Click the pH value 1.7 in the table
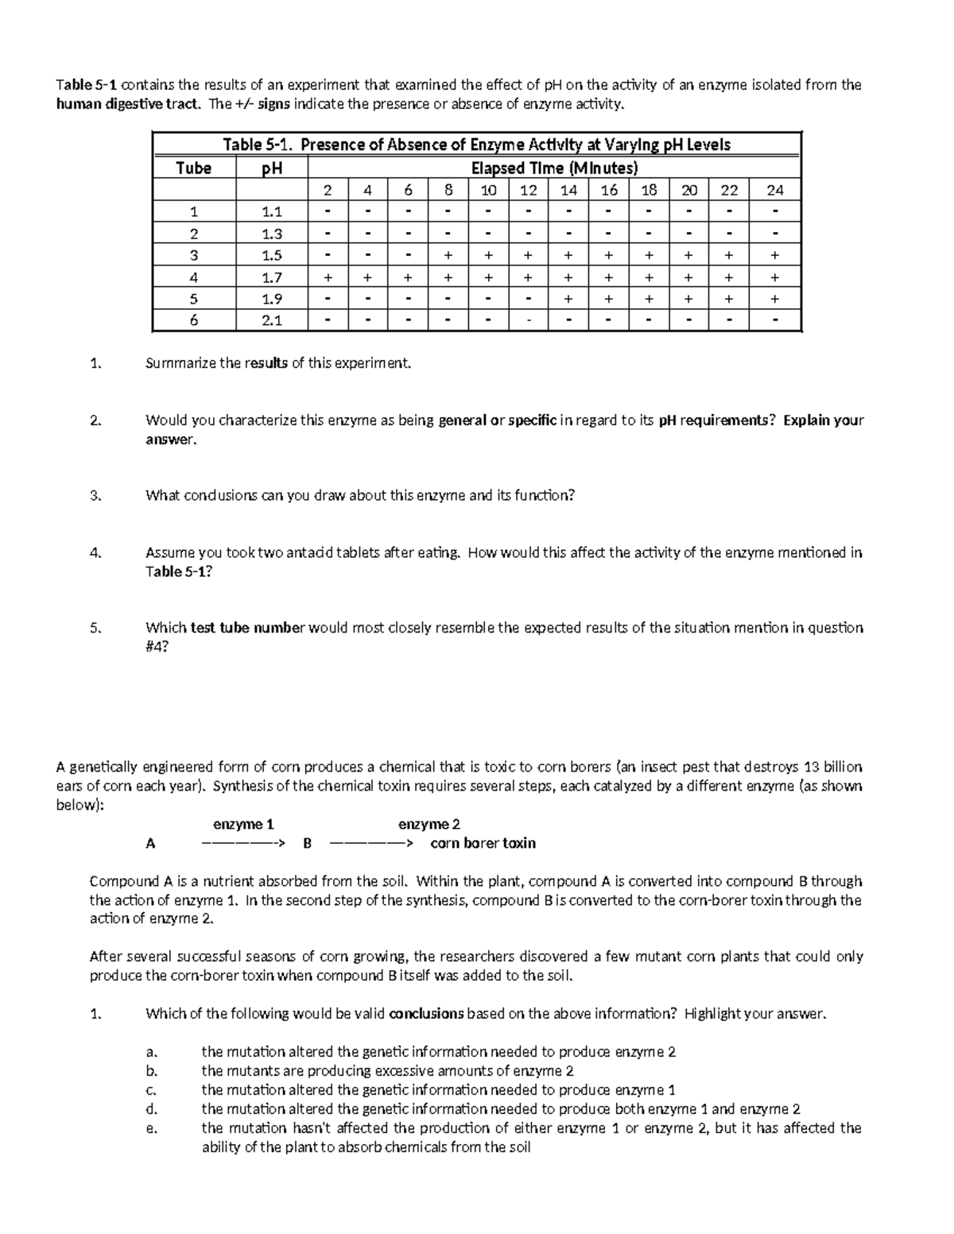[x=272, y=277]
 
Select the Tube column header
[x=193, y=168]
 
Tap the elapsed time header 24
[x=774, y=190]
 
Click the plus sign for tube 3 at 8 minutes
[x=448, y=255]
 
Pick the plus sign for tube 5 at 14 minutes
[x=568, y=299]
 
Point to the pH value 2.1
[x=272, y=321]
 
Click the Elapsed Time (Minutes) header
[x=554, y=168]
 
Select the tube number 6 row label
[x=193, y=321]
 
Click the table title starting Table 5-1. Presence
[x=476, y=145]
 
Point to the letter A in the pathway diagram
[x=150, y=844]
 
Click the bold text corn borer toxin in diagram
[x=483, y=844]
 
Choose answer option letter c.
[x=149, y=1090]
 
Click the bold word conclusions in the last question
[x=425, y=1014]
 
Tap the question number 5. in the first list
[x=96, y=628]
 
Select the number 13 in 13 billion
[x=811, y=768]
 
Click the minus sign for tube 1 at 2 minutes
[x=327, y=211]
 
